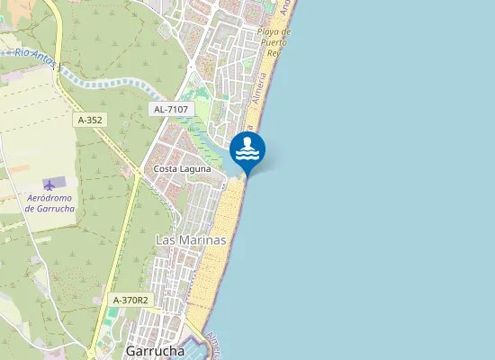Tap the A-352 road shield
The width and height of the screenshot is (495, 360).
pyautogui.click(x=89, y=119)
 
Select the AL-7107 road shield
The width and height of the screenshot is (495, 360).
pyautogui.click(x=170, y=109)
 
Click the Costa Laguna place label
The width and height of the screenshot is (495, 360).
pyautogui.click(x=183, y=168)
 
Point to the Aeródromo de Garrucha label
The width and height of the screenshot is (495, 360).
pyautogui.click(x=50, y=202)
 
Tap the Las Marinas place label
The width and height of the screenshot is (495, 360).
pyautogui.click(x=191, y=240)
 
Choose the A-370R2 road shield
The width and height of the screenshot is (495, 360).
pyautogui.click(x=130, y=300)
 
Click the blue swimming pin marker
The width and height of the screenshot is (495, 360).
pyautogui.click(x=247, y=149)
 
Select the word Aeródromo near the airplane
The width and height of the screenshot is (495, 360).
pyautogui.click(x=50, y=197)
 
